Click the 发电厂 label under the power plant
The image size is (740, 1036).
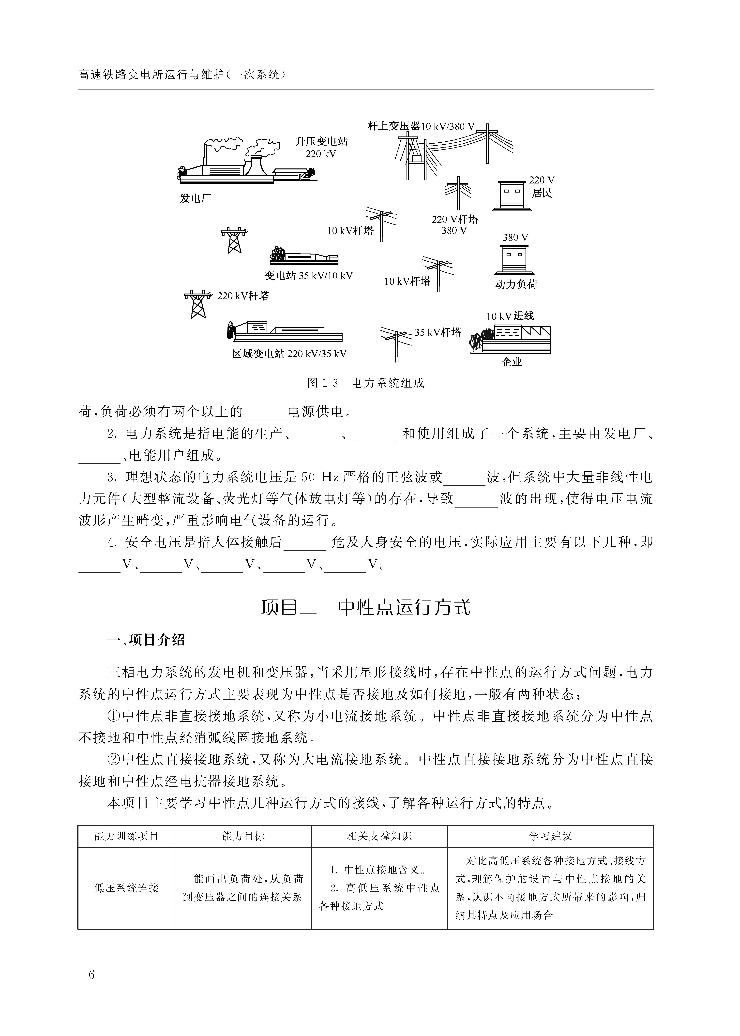click(x=196, y=198)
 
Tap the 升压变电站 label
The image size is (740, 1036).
click(x=321, y=142)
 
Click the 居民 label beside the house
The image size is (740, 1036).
click(x=542, y=193)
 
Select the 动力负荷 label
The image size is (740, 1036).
click(x=516, y=284)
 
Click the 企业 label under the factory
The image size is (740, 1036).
click(x=512, y=362)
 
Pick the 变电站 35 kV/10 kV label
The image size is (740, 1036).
click(x=308, y=276)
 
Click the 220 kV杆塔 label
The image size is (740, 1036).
click(x=243, y=296)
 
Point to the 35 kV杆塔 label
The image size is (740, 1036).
click(x=438, y=333)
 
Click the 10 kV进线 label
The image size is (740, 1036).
click(x=510, y=316)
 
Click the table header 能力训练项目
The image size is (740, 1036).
click(x=126, y=836)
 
